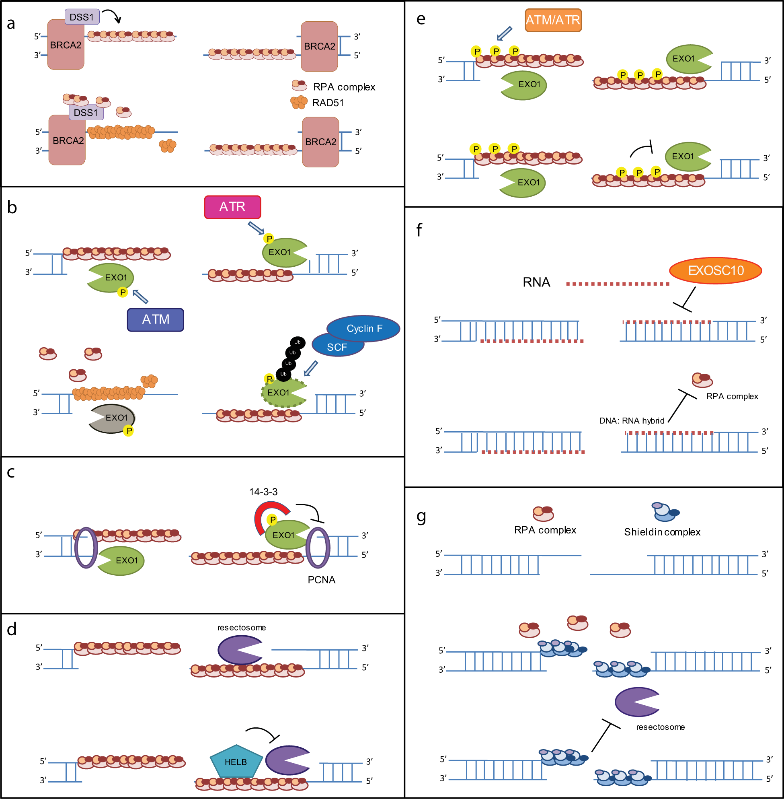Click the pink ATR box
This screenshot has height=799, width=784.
232,207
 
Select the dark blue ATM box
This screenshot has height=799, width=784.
155,319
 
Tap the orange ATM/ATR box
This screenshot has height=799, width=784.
552,20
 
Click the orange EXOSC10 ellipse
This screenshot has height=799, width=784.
715,271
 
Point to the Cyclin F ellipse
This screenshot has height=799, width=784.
364,328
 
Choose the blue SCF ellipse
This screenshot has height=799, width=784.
337,347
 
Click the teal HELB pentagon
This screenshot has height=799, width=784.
236,762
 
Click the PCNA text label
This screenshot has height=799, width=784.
321,580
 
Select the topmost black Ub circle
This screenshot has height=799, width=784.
297,342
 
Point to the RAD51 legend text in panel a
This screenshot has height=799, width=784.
328,103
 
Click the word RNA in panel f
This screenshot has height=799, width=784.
536,282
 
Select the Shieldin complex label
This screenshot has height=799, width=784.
662,532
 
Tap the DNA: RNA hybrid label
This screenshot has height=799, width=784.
631,421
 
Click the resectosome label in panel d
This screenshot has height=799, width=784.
241,628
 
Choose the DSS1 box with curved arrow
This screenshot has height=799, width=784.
82,17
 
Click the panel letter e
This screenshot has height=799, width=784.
421,19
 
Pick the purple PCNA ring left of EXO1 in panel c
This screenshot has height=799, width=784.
86,548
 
